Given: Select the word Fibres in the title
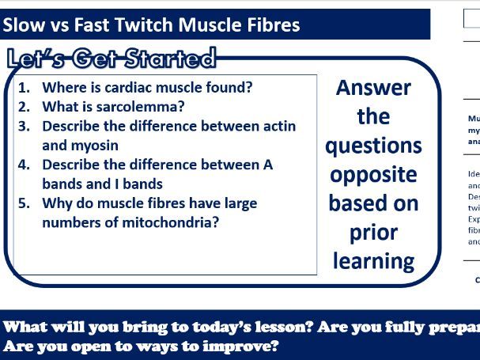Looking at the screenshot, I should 269,25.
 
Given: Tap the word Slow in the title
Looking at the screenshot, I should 23,25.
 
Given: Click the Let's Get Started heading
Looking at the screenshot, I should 111,59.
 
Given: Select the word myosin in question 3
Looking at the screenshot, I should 95,146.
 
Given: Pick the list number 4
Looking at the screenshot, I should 24,165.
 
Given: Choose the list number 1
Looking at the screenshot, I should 24,88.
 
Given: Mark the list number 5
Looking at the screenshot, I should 24,203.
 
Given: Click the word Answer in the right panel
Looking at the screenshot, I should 373,88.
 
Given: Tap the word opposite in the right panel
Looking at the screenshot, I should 373,174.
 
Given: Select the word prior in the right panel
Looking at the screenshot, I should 373,232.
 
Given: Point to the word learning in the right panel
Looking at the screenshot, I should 373,260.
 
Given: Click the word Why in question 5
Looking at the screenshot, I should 57,203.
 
